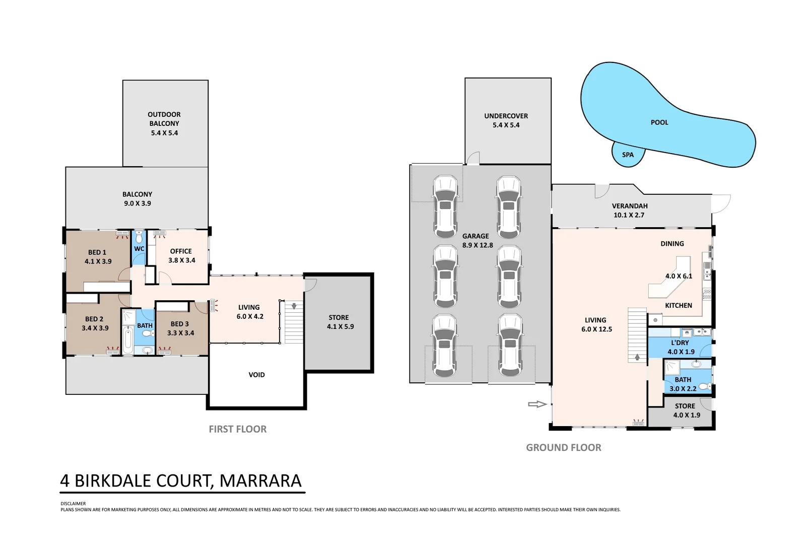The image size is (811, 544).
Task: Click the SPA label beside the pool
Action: [x=628, y=155]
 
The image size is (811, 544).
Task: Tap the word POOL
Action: [x=659, y=122]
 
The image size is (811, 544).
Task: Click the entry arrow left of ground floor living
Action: [x=537, y=404]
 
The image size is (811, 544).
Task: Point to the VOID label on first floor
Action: [x=256, y=375]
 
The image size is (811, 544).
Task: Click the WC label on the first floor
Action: [x=139, y=249]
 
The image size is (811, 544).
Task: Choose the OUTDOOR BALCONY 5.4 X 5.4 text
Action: [x=164, y=124]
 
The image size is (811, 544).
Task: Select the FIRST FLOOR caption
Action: [x=238, y=429]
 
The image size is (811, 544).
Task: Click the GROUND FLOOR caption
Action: [x=564, y=447]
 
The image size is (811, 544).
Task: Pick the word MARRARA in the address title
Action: [x=260, y=481]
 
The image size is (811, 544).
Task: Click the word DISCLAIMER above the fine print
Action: [x=73, y=503]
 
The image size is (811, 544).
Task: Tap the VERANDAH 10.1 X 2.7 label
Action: [x=629, y=211]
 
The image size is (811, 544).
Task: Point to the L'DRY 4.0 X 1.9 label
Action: [x=681, y=347]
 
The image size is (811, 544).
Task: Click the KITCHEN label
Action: [x=679, y=305]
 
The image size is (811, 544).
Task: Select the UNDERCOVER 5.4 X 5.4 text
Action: [x=506, y=120]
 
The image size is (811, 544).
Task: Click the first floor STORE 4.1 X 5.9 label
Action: [x=340, y=322]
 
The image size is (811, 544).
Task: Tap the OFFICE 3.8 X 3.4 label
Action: [x=181, y=256]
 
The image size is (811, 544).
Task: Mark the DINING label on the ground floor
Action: [x=672, y=244]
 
